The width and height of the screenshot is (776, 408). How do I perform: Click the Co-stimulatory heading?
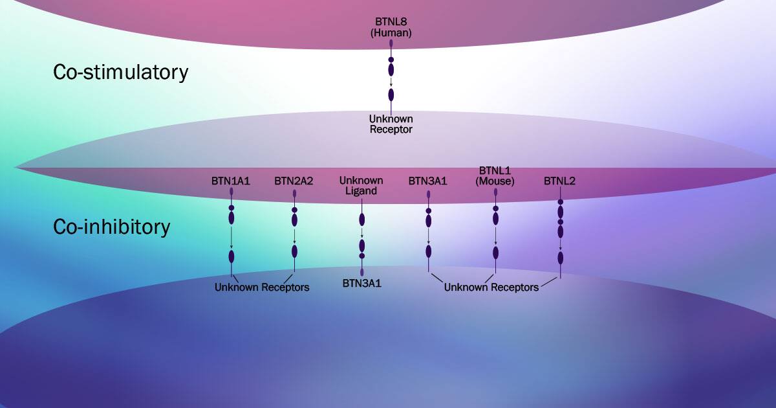tap(120, 72)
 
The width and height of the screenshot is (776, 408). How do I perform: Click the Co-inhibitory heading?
tap(111, 227)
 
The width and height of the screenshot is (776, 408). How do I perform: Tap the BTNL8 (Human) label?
tap(391, 27)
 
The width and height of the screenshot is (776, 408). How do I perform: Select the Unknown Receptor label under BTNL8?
tap(391, 124)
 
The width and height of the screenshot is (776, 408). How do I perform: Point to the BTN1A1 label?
tap(231, 181)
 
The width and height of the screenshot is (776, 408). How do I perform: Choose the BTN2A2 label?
tap(294, 181)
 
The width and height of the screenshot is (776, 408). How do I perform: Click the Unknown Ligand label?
tap(361, 185)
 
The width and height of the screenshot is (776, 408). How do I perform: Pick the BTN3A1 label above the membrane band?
tap(427, 181)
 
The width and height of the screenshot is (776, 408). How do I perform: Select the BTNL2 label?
tap(560, 181)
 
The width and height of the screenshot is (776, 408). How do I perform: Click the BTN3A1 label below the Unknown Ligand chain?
tap(361, 283)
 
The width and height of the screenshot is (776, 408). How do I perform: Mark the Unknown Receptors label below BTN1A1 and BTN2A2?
tap(262, 287)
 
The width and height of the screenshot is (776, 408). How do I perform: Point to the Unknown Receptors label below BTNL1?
tap(491, 287)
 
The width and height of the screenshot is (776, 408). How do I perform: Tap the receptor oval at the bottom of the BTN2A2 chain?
tap(294, 251)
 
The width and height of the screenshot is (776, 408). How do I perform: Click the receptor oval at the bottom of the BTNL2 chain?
tap(561, 258)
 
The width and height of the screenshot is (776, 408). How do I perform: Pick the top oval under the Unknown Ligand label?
tap(362, 220)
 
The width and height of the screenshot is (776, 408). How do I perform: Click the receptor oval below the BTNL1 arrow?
tap(495, 252)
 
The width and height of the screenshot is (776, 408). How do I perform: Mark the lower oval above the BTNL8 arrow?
tap(391, 69)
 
